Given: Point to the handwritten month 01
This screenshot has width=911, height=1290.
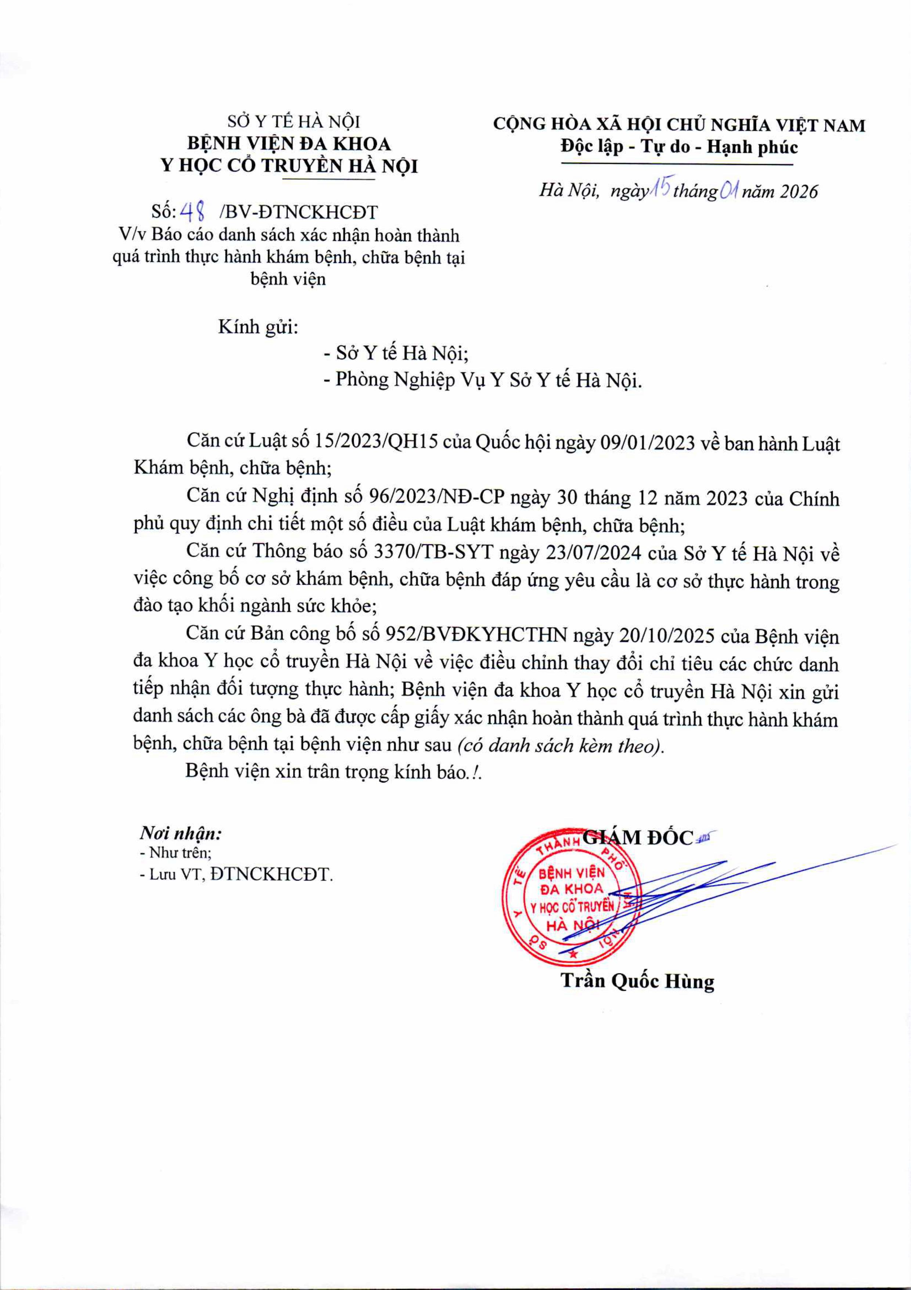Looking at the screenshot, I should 729,192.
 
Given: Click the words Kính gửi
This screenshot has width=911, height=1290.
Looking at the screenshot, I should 258,326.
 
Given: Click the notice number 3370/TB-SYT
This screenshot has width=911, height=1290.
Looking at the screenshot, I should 433,553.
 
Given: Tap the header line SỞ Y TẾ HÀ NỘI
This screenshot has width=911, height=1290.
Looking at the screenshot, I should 294,121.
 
